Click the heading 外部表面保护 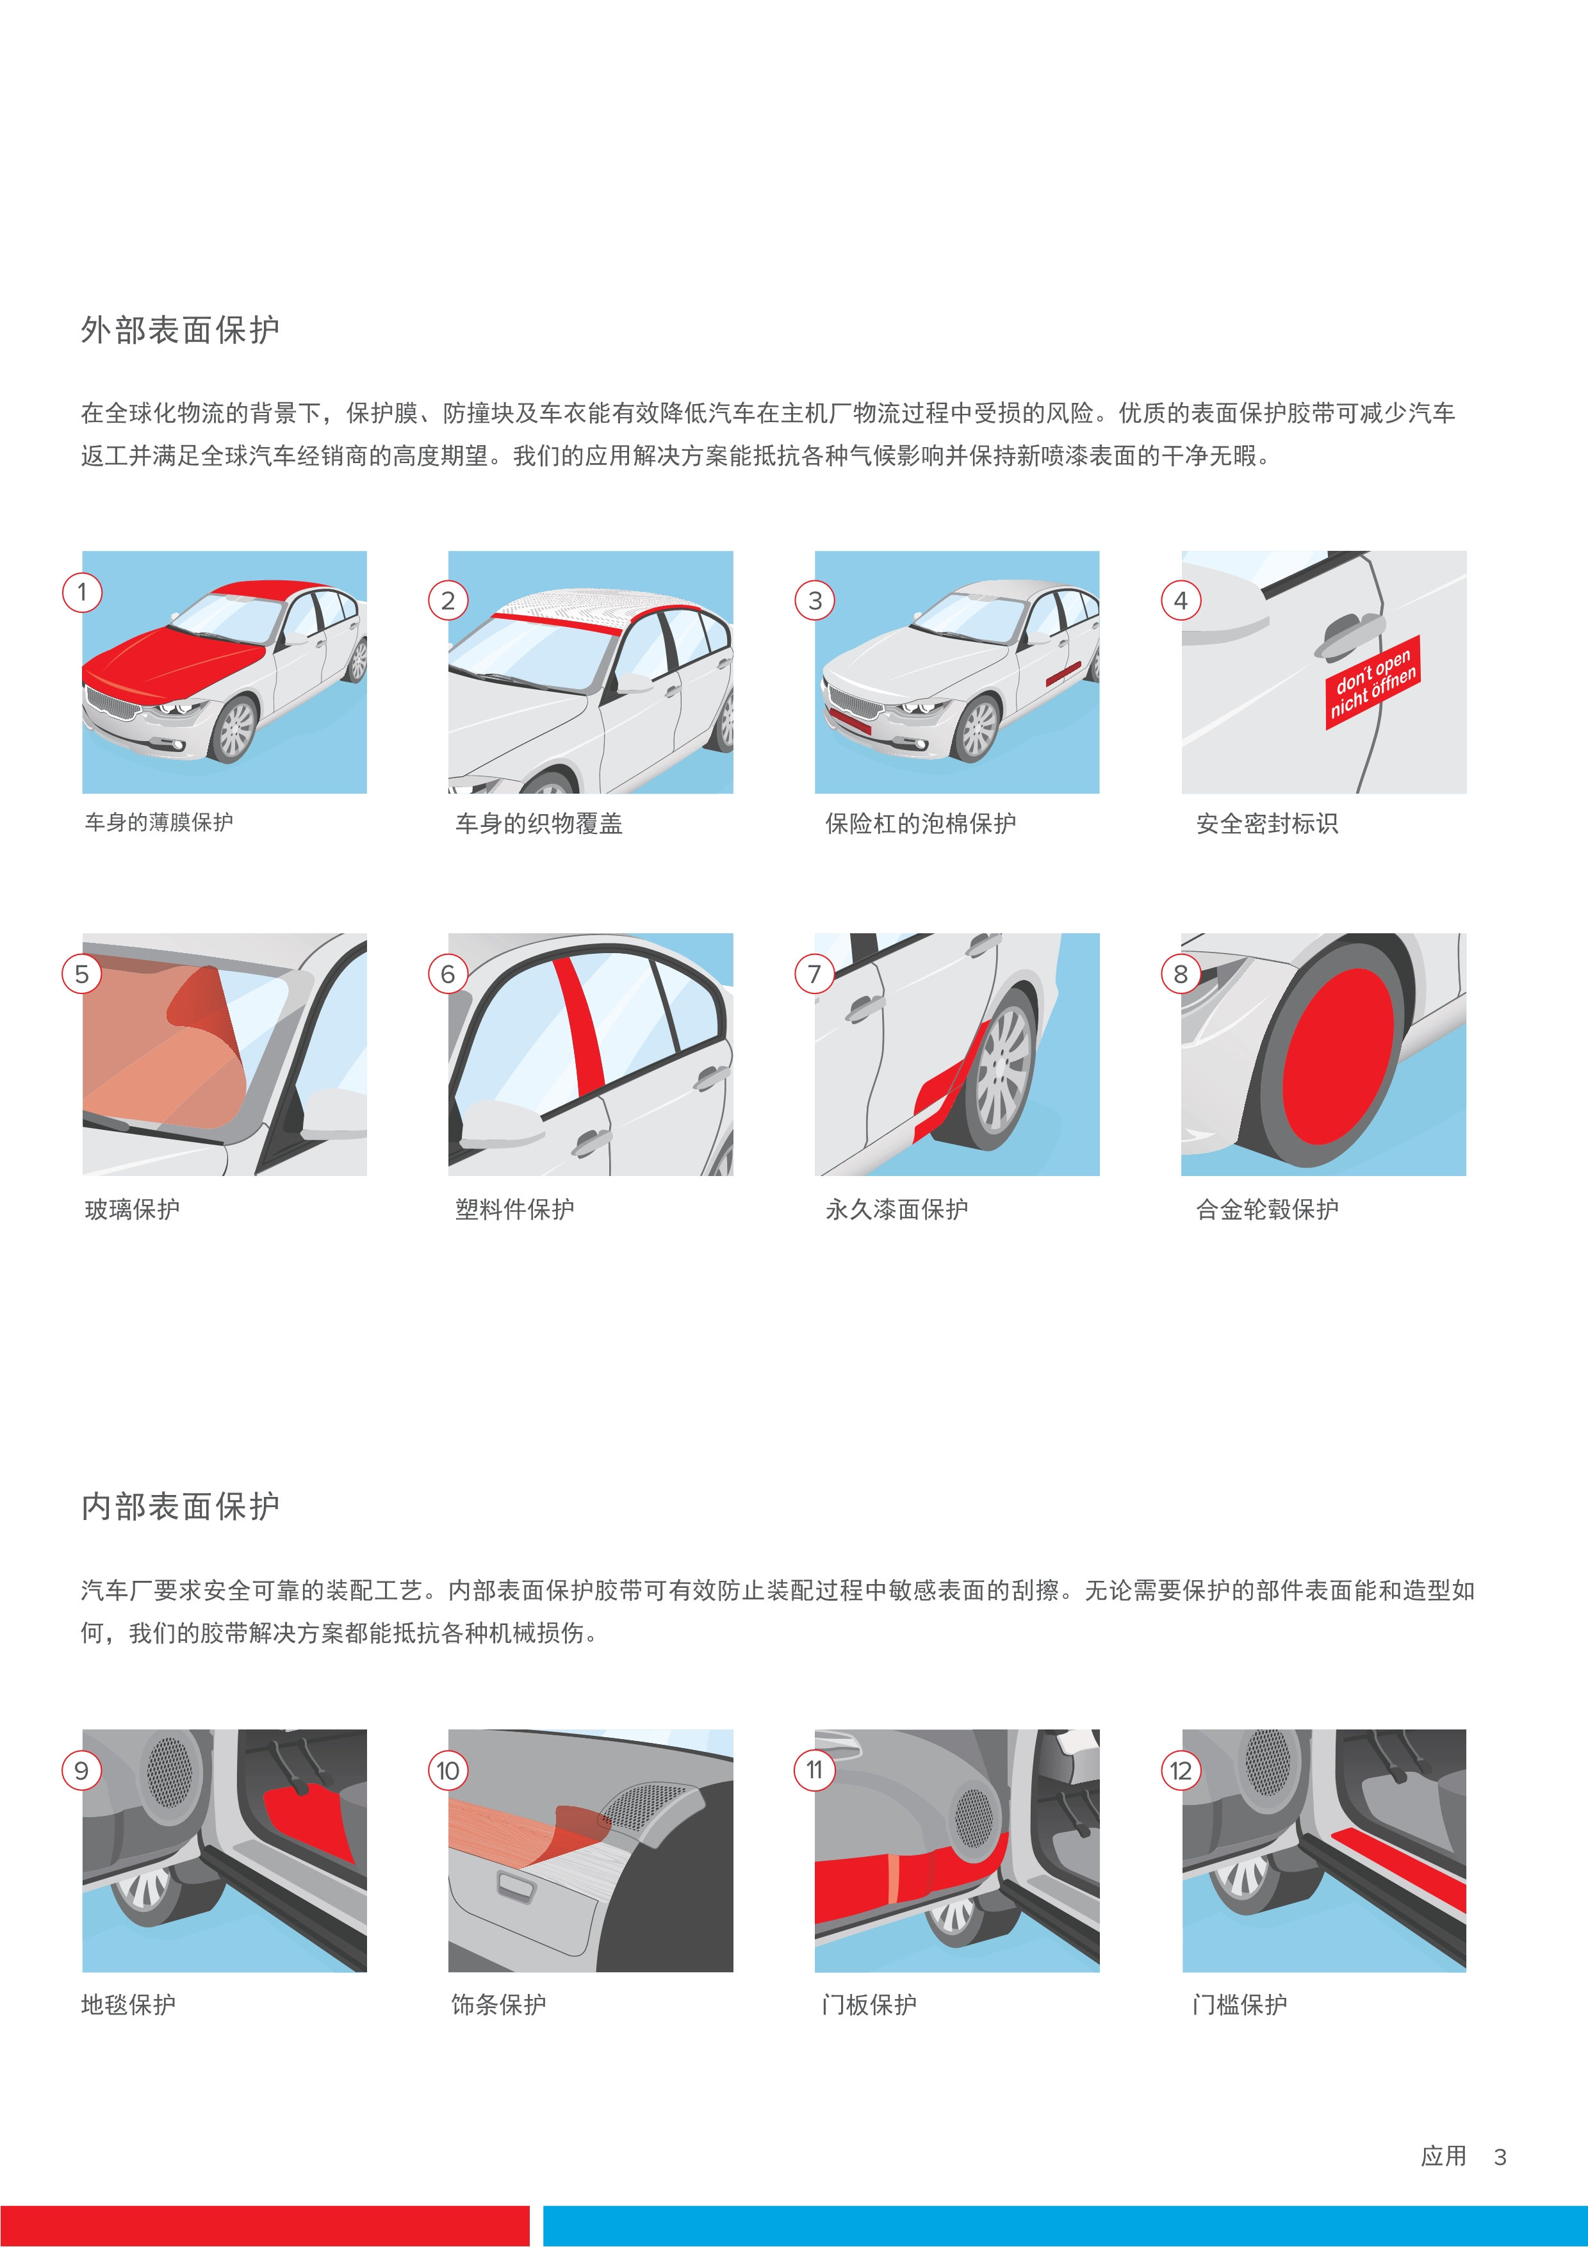pos(180,330)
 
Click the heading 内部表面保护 pos(180,1506)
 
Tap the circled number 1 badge pos(82,592)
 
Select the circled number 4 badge pos(1181,601)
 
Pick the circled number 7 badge pos(814,974)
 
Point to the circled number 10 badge pos(448,1770)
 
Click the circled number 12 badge pos(1181,1770)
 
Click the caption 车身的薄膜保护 pos(158,822)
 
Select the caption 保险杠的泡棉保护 pos(921,824)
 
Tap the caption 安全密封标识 pos(1267,824)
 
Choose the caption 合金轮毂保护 pos(1267,1209)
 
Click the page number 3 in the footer pos(1500,2157)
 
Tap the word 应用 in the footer pos(1444,2156)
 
